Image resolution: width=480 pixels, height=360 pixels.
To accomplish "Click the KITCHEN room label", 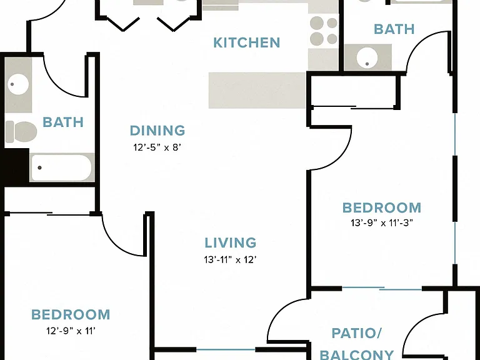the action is (247, 42).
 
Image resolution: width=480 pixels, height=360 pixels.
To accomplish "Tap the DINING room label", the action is (157, 131).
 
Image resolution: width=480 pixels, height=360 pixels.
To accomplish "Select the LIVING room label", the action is (230, 242).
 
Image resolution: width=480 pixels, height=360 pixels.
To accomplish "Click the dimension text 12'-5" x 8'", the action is (157, 147).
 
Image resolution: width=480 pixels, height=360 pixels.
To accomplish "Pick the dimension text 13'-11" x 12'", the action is (230, 260).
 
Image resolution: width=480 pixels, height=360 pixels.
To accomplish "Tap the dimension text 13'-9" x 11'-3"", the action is (382, 223).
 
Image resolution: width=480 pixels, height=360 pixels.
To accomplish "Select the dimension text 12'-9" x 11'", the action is (71, 331).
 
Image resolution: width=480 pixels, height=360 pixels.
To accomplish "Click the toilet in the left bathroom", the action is (21, 132).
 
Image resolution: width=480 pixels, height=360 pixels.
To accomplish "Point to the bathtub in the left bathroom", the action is (61, 167).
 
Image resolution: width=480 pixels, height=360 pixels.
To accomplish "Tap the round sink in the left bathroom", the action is (18, 84).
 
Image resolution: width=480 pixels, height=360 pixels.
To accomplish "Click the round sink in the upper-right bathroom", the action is (367, 58).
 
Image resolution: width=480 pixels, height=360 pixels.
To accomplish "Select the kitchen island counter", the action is (257, 90).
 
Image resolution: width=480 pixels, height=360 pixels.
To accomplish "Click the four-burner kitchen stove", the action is (323, 31).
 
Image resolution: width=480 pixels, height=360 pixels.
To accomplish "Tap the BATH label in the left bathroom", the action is (63, 122).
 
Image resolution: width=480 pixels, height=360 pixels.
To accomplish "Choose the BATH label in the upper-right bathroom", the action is (394, 29).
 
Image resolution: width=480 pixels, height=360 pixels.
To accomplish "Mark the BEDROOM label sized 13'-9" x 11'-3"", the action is (382, 207).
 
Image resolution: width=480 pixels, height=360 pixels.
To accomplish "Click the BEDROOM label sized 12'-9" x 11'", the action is (71, 314).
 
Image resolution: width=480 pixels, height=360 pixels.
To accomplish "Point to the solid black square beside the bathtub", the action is (15, 166).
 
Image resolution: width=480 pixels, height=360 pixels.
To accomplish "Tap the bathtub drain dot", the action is (39, 167).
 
